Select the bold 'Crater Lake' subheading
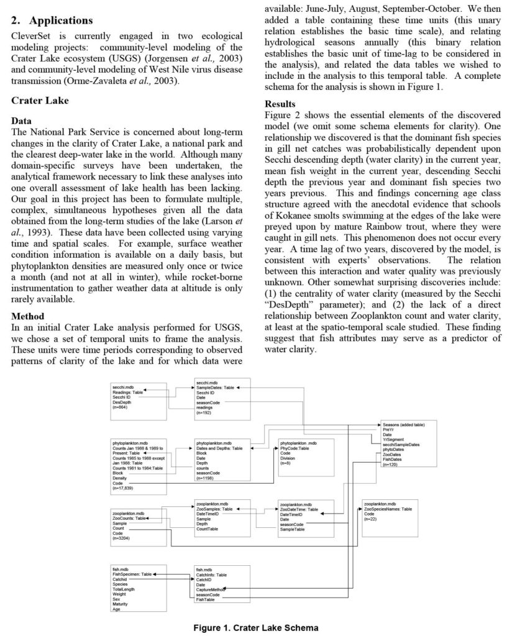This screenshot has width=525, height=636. coord(40,100)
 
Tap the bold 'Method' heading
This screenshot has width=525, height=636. coord(28,316)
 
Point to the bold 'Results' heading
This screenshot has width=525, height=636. coord(280,104)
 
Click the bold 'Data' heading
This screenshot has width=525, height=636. coord(22,121)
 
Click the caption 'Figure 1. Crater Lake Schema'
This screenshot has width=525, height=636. coord(255,627)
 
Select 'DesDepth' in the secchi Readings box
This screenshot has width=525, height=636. coord(122,402)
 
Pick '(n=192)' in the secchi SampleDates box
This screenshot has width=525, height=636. coord(204,412)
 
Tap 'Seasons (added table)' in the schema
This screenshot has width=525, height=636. coord(404,425)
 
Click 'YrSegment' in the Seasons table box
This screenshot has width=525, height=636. coord(393,440)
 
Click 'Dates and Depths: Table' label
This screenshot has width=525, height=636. coord(219,448)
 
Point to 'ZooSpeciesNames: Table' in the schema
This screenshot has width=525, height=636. coord(388,509)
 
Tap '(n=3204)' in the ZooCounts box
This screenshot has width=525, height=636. coord(122,538)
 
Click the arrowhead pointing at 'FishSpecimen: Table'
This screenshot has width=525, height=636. coord(155,575)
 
